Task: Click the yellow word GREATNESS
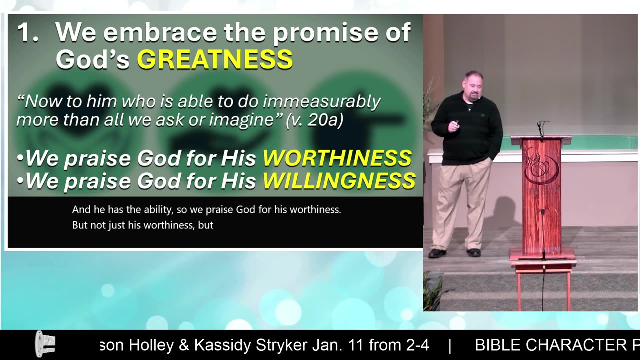[215, 59]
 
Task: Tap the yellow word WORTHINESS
[337, 158]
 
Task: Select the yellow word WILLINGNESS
[339, 181]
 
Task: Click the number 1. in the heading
[28, 33]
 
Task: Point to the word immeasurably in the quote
[322, 102]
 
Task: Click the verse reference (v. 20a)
[315, 120]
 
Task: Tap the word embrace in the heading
[160, 32]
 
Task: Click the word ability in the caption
[158, 210]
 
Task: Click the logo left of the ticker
[45, 344]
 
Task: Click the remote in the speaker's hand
[456, 123]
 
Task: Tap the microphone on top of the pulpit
[541, 128]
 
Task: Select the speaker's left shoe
[474, 252]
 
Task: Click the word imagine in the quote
[241, 120]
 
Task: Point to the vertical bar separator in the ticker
[450, 346]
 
